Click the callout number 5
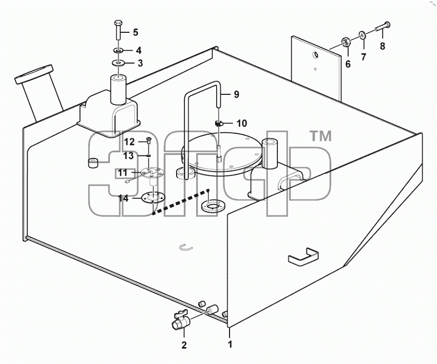[136, 32]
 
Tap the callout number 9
[236, 94]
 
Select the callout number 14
[123, 198]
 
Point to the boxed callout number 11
[122, 173]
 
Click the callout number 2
[184, 345]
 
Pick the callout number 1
[230, 344]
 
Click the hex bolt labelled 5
[118, 30]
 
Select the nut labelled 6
[346, 43]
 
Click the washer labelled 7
[363, 35]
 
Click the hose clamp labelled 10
[219, 123]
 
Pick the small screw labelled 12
[149, 140]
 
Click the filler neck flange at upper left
[34, 74]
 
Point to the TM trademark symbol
[321, 136]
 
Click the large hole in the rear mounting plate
[315, 55]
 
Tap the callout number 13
[129, 155]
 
